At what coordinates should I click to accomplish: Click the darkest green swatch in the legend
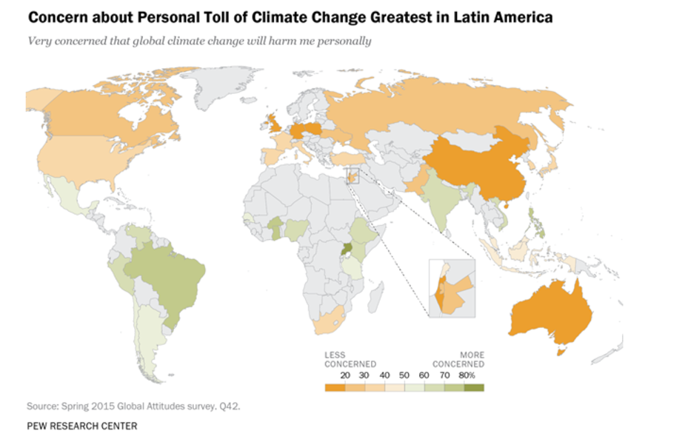click(x=474, y=386)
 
